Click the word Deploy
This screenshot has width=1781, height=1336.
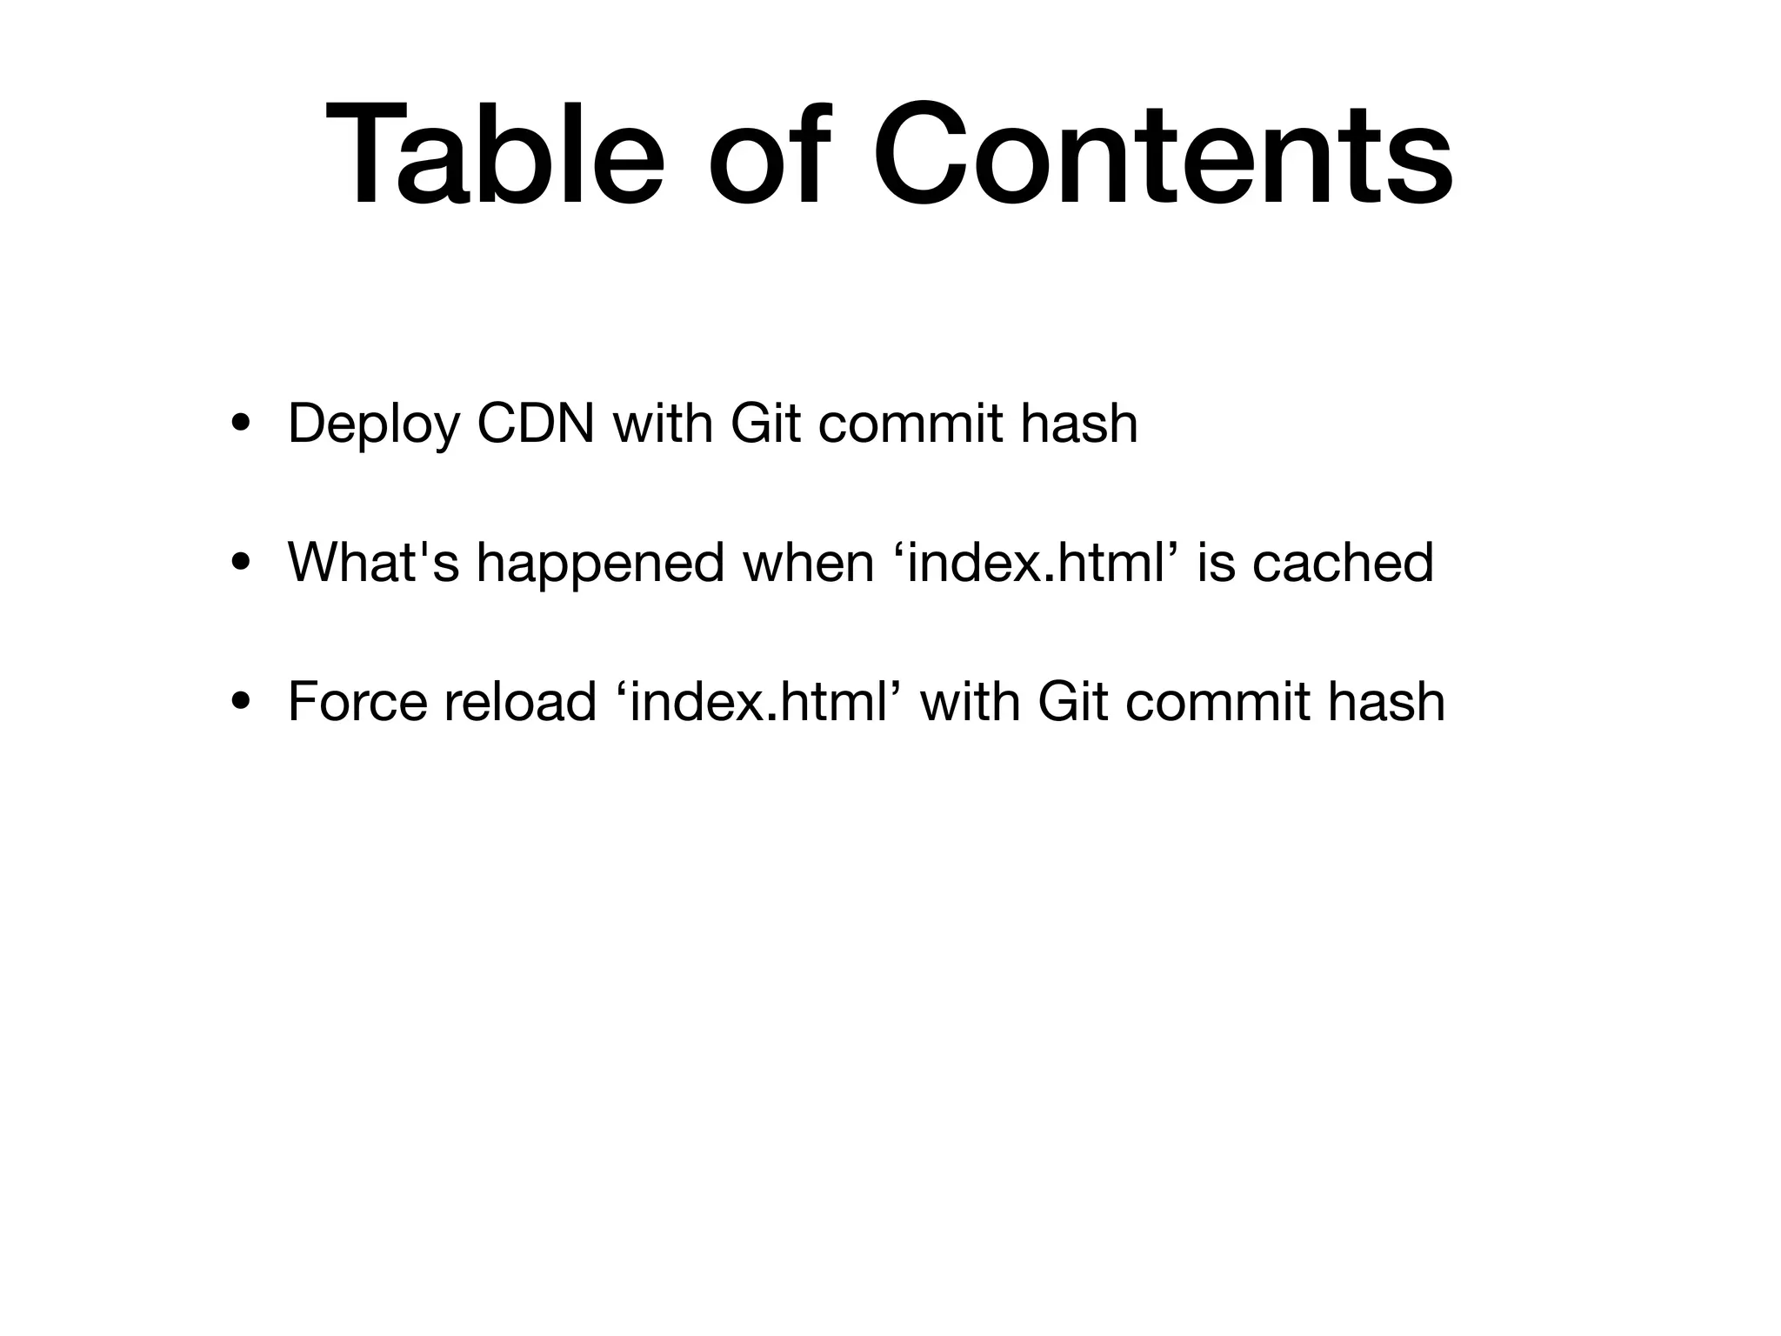click(x=373, y=425)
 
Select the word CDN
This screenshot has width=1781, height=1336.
click(x=536, y=424)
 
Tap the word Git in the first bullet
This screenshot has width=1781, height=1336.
click(x=765, y=424)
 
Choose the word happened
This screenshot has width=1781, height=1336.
click(x=600, y=564)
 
